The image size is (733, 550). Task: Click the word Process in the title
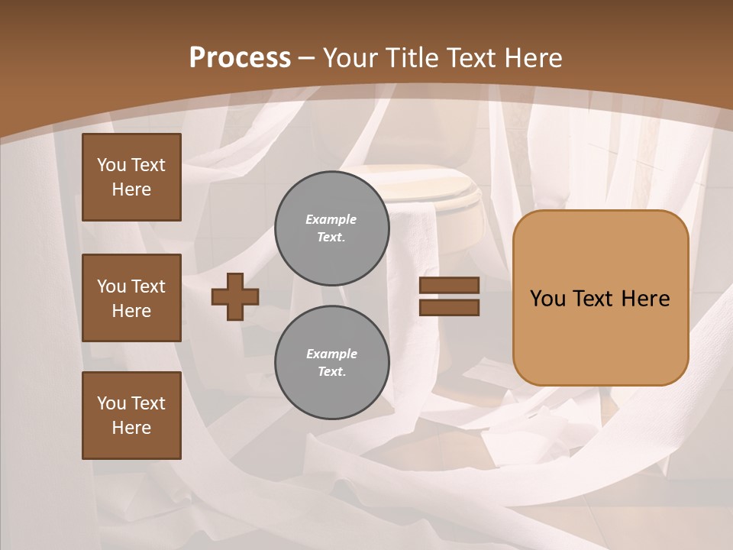click(x=240, y=58)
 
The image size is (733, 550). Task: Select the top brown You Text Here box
click(x=131, y=177)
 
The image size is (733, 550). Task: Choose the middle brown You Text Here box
click(x=131, y=298)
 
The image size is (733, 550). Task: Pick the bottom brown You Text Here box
click(x=131, y=416)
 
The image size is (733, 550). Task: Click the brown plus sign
click(x=235, y=296)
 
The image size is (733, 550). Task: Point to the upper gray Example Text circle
click(x=332, y=228)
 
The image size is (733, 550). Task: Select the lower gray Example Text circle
click(x=332, y=363)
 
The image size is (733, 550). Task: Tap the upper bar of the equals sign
click(x=449, y=285)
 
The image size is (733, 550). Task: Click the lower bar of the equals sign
click(x=449, y=308)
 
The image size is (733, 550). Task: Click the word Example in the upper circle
click(x=331, y=219)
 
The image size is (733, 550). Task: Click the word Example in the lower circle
click(x=331, y=354)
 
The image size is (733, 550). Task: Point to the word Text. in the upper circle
click(x=331, y=238)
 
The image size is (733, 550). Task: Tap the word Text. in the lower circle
click(x=331, y=372)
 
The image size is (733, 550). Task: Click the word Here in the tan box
click(x=645, y=299)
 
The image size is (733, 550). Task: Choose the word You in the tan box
click(x=547, y=299)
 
